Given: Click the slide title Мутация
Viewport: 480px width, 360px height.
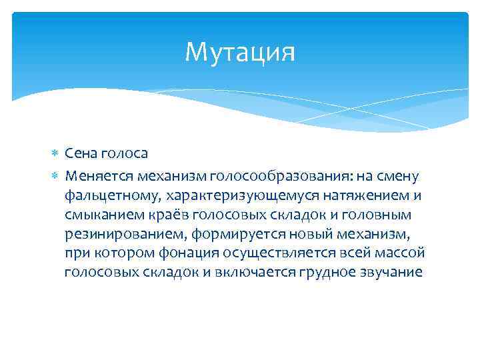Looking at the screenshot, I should [239, 52].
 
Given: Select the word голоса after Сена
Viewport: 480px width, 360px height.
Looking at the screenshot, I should [126, 153].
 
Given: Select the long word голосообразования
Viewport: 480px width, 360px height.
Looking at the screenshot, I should [272, 175].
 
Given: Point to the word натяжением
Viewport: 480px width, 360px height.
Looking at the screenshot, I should [363, 195].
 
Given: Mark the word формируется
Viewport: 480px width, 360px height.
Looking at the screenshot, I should [225, 234].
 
